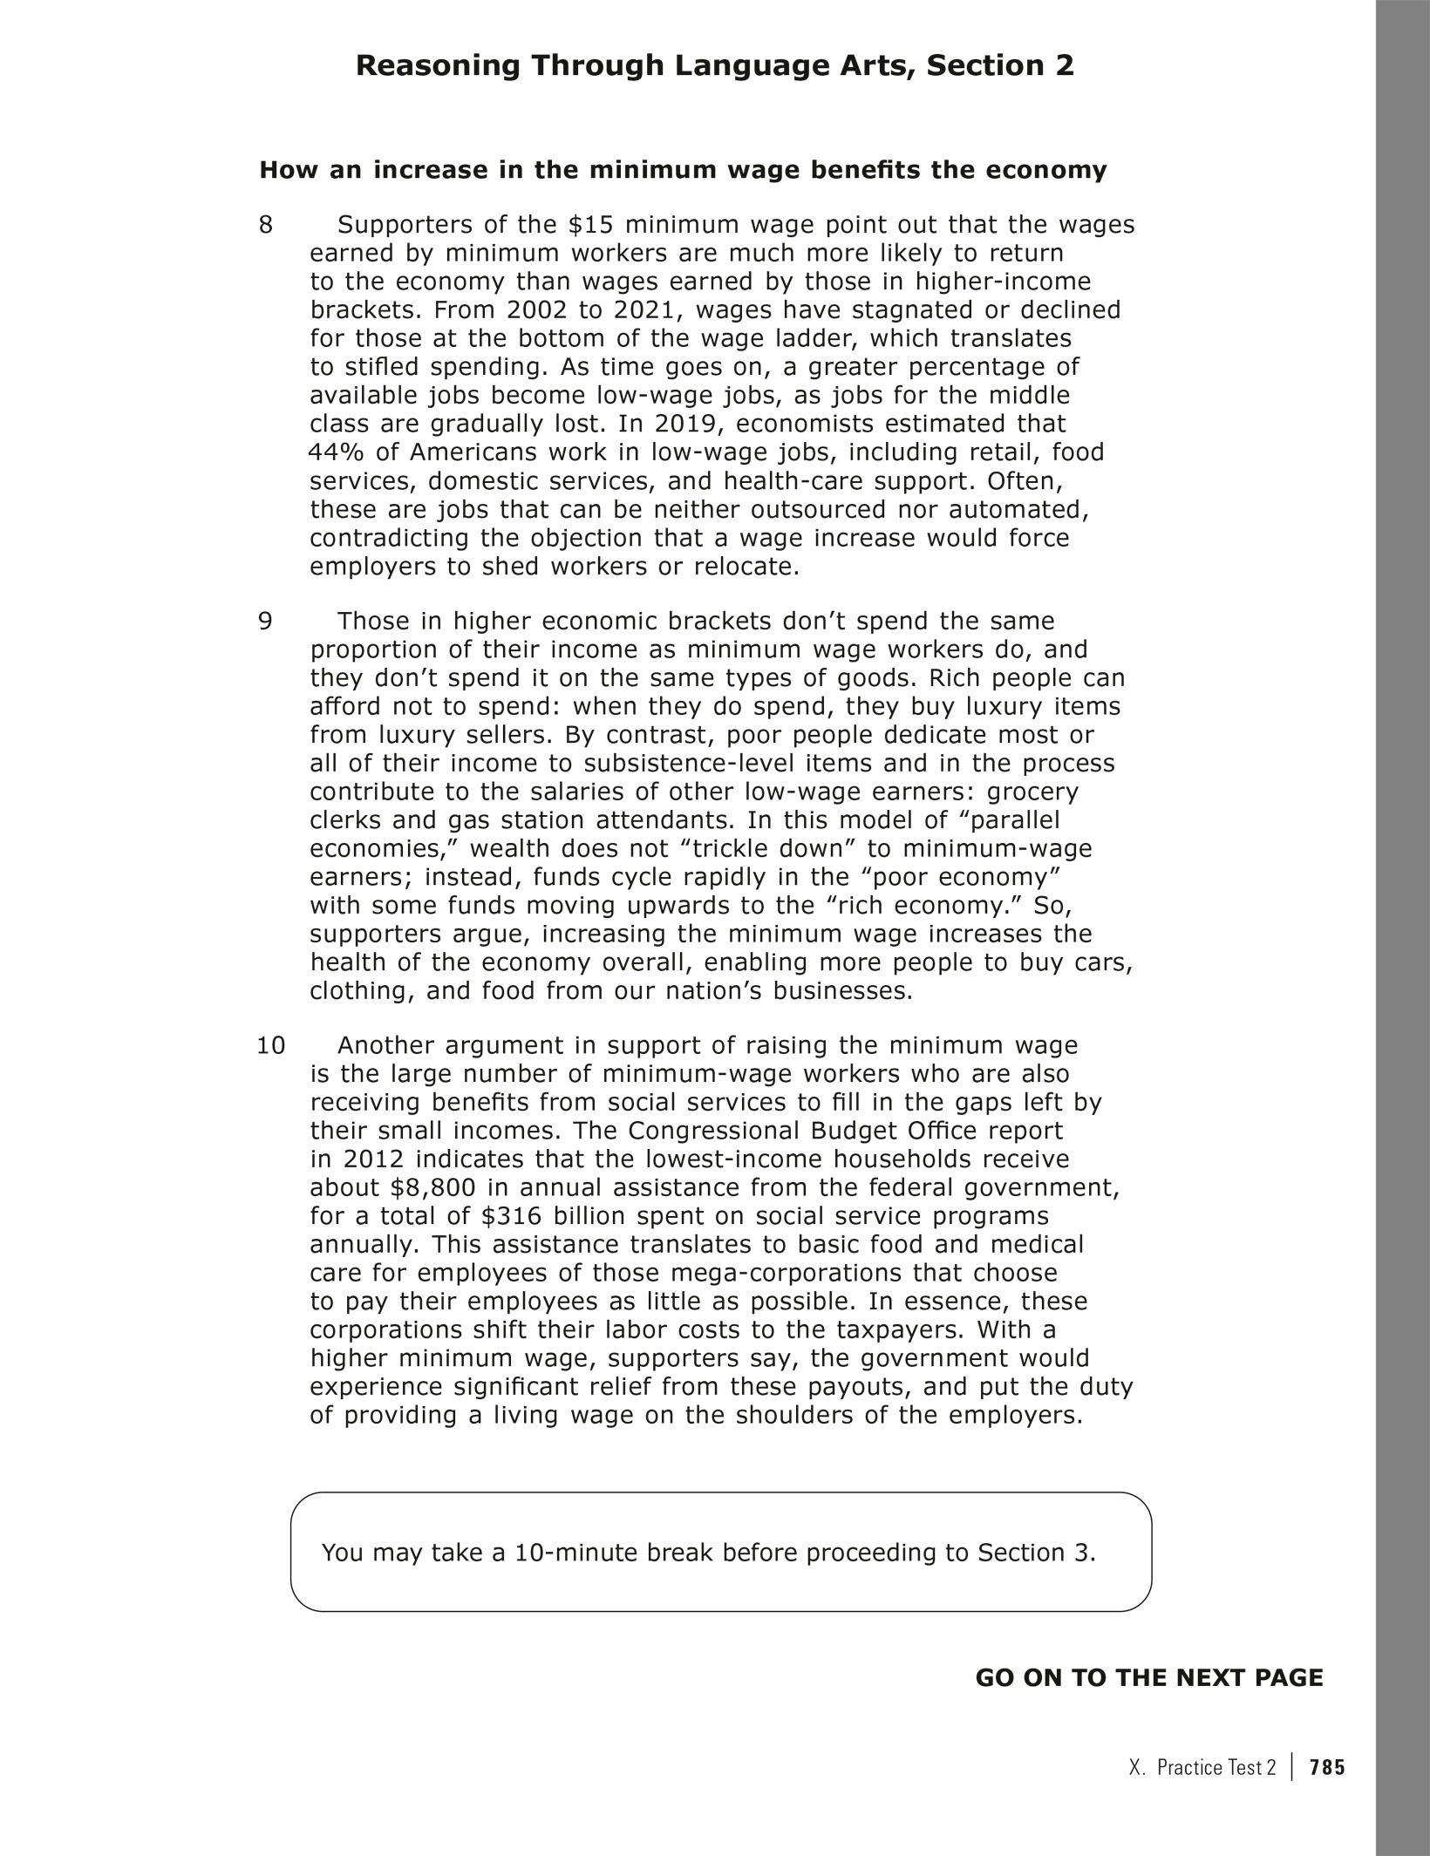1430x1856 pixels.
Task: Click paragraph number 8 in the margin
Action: [266, 225]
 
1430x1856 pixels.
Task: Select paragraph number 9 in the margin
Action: [266, 621]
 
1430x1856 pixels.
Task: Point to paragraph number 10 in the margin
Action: [271, 1044]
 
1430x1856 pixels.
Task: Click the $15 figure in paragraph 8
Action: [591, 225]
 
